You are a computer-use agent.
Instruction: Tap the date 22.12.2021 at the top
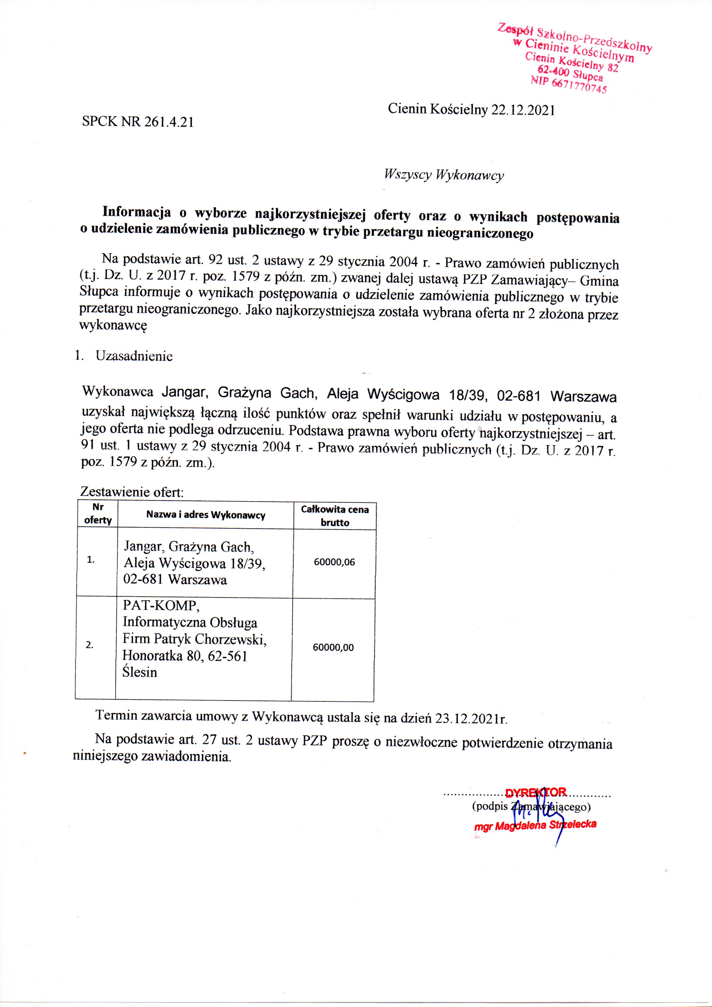pyautogui.click(x=523, y=110)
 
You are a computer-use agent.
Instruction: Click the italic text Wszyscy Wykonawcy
pyautogui.click(x=443, y=175)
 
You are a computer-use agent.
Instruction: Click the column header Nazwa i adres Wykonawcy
pyautogui.click(x=206, y=515)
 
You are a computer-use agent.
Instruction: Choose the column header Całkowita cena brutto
pyautogui.click(x=335, y=516)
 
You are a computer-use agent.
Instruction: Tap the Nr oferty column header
pyautogui.click(x=98, y=514)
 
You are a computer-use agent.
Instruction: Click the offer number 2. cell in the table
pyautogui.click(x=90, y=645)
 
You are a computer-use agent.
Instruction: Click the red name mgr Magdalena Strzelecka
pyautogui.click(x=535, y=825)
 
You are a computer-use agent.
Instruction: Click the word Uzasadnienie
pyautogui.click(x=134, y=356)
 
